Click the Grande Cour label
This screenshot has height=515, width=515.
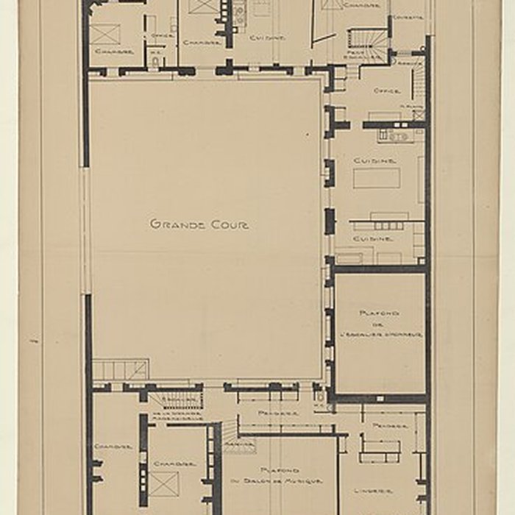tap(199, 224)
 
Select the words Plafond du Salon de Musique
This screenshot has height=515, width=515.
tap(280, 475)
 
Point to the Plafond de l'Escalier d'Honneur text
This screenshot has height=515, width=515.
tap(380, 324)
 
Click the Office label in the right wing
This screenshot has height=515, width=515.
tap(387, 91)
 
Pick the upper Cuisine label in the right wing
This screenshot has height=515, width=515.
tap(375, 160)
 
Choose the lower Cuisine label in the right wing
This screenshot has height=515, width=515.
tap(373, 238)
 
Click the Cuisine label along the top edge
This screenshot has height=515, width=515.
tap(267, 37)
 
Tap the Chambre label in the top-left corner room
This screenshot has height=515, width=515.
tap(114, 51)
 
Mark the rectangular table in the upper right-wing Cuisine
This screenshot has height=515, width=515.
tap(377, 178)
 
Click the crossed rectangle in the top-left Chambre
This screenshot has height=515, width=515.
tap(105, 34)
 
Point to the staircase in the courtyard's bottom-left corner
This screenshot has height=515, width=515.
tap(121, 369)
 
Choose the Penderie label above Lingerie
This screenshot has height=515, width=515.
tap(385, 425)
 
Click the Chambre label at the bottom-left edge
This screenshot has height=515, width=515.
tap(113, 447)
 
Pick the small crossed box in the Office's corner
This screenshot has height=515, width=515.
tap(419, 115)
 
